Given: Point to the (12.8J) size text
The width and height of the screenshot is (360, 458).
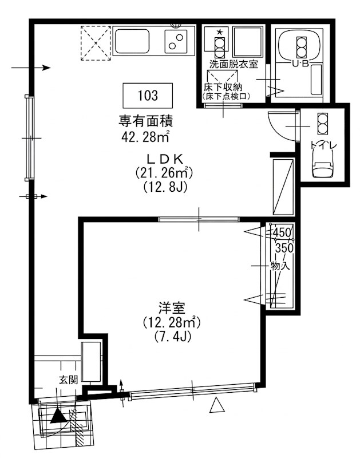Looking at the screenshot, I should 163,187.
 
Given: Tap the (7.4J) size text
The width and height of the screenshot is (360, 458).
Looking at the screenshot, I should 171,337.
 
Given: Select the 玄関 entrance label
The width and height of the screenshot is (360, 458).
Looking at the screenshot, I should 68,379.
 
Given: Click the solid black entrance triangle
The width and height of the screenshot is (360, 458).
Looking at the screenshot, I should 57,416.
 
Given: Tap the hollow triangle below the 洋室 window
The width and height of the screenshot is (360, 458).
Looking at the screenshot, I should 215,406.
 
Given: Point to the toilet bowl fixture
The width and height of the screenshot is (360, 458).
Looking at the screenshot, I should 322,167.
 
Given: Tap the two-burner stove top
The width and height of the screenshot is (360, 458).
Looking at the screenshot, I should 176,41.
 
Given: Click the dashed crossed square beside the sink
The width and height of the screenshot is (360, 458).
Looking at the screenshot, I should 95,42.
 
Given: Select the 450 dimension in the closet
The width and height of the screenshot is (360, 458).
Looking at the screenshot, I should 282,232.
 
